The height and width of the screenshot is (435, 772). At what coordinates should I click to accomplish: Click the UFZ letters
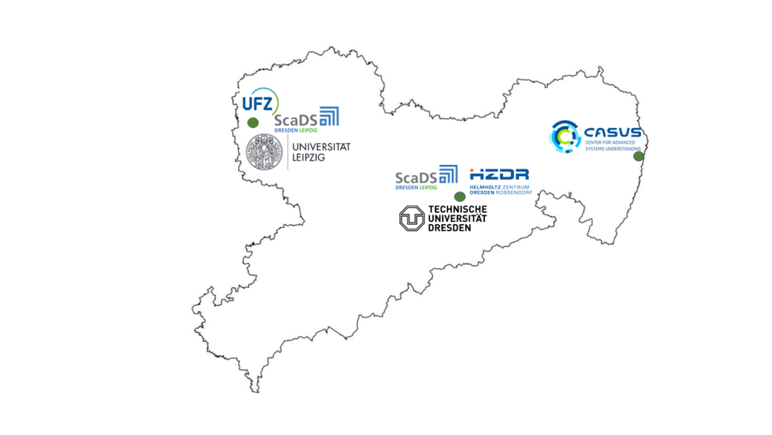(x=256, y=103)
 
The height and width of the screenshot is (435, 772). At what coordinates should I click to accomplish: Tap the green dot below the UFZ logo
(x=253, y=122)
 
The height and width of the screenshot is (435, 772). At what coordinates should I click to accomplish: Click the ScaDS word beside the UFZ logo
(x=295, y=119)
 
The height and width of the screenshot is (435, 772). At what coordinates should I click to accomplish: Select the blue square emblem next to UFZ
(x=330, y=116)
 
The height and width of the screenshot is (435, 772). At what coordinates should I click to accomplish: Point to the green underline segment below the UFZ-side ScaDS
(x=308, y=130)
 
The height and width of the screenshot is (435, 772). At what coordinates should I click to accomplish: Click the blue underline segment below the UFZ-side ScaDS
(x=285, y=130)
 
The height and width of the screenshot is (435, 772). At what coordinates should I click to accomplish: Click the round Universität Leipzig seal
(x=264, y=152)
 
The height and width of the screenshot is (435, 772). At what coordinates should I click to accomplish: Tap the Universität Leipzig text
(x=319, y=152)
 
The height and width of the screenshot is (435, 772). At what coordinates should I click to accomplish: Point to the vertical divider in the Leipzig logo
(x=288, y=152)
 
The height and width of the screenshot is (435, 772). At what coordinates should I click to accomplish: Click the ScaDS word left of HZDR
(x=415, y=177)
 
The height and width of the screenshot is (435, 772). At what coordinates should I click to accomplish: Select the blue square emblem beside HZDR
(x=448, y=174)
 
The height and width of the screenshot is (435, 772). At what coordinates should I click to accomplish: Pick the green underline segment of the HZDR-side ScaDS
(x=429, y=188)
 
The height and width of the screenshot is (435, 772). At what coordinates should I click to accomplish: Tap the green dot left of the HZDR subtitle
(x=460, y=196)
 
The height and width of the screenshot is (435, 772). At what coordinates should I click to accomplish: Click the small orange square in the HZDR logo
(x=472, y=170)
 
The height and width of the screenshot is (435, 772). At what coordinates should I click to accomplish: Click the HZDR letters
(x=501, y=175)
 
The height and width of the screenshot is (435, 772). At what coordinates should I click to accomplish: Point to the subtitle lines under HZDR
(x=500, y=190)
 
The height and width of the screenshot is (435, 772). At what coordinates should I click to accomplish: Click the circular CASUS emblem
(x=565, y=137)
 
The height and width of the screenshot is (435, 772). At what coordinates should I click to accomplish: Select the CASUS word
(x=612, y=132)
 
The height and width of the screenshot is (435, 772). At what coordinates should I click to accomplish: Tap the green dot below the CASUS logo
(x=638, y=156)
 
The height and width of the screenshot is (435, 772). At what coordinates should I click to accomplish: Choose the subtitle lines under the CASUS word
(x=612, y=146)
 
